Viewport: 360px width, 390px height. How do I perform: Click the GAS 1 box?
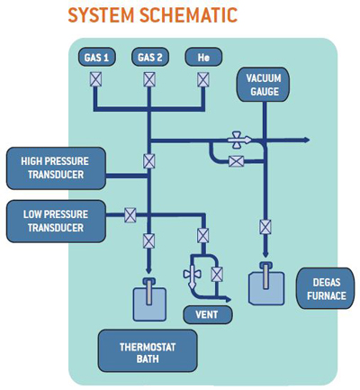tap(97, 57)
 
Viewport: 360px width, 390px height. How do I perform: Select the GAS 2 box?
tap(150, 57)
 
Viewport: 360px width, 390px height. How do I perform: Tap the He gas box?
tap(203, 57)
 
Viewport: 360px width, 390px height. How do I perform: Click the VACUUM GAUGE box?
tap(264, 85)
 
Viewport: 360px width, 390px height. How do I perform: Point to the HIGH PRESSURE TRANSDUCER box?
tap(56, 168)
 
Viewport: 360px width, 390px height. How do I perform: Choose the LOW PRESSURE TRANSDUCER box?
tap(56, 222)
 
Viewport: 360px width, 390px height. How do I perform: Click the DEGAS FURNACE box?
tap(326, 289)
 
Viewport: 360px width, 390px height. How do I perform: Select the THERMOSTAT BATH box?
tap(148, 351)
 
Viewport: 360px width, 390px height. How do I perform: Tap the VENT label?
tap(207, 315)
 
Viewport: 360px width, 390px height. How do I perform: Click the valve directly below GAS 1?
tap(96, 79)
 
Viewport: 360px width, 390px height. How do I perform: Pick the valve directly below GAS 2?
tap(149, 79)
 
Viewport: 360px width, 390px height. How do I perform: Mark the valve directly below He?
tap(203, 79)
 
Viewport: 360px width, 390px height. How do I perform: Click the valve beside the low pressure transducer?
tap(130, 215)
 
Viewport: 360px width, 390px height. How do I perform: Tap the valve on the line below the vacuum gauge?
tap(265, 227)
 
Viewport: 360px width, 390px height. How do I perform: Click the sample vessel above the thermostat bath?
tap(149, 300)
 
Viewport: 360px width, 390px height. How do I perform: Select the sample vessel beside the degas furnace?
tap(266, 284)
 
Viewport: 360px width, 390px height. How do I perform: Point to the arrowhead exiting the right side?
tap(306, 140)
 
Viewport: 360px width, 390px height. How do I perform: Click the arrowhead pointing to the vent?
tap(228, 299)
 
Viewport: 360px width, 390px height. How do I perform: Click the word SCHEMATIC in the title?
tap(189, 14)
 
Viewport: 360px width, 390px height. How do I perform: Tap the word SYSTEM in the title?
tap(101, 14)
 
